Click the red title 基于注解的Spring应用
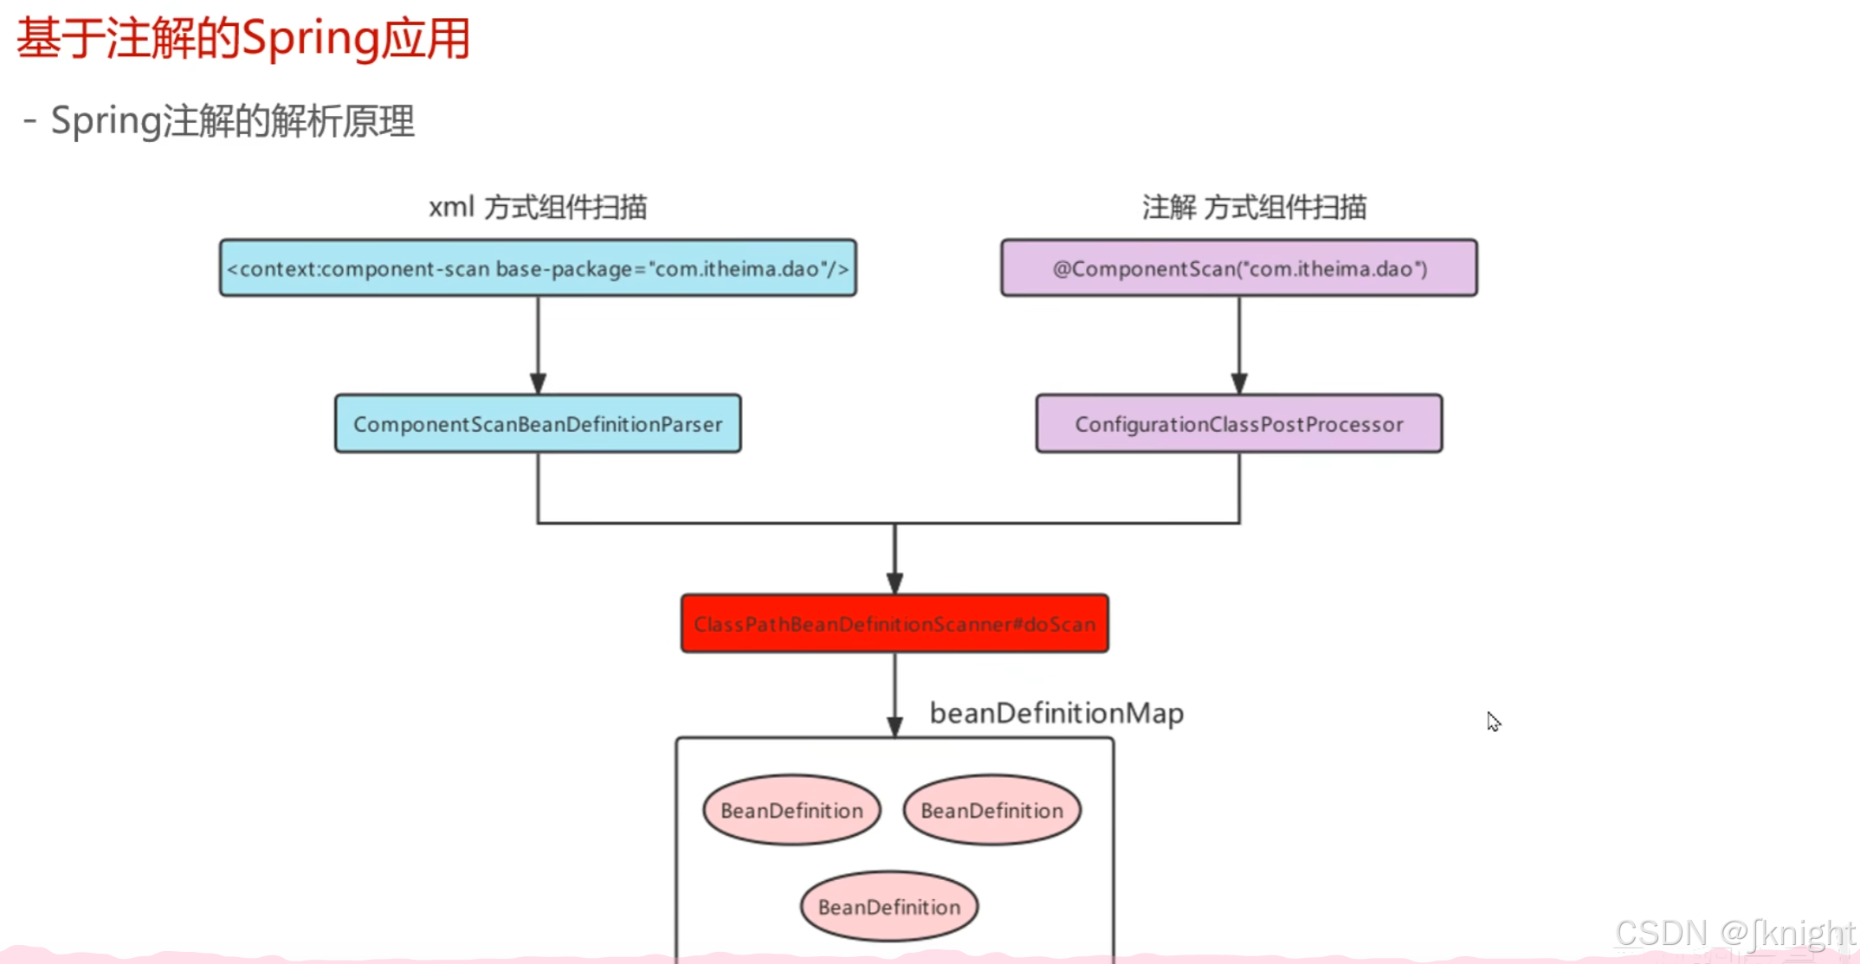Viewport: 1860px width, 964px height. coord(242,40)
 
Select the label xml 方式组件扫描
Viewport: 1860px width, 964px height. coord(538,208)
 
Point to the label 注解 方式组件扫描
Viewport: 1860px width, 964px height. coord(1254,208)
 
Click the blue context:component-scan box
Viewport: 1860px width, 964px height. coord(538,268)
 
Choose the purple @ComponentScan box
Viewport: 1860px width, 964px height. coord(1239,268)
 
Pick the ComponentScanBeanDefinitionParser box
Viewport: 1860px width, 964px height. coord(538,424)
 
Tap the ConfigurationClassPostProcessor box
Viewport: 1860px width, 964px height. coord(1239,424)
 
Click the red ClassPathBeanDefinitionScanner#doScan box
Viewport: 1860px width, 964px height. coord(894,624)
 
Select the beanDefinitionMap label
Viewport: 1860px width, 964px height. coord(1056,713)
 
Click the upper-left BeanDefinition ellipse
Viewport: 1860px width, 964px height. coord(791,811)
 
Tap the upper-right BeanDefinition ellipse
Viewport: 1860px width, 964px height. coord(991,811)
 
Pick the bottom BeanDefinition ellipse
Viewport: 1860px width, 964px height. coord(889,907)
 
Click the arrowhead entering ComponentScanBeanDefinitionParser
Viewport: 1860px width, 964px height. coord(538,383)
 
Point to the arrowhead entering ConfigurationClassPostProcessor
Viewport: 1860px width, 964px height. coord(1239,383)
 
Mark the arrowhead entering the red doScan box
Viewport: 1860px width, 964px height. coord(894,582)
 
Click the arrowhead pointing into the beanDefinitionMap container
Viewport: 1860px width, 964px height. coord(894,726)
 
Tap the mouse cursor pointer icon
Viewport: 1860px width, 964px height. coord(1493,722)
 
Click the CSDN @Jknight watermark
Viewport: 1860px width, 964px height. coord(1734,934)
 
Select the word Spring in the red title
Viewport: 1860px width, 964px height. coord(310,40)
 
